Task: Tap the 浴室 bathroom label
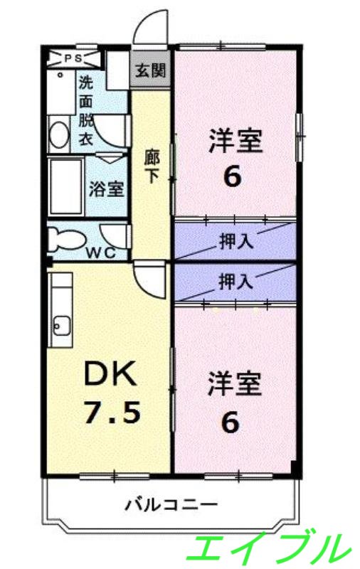pos(107,190)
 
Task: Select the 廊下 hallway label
pos(152,165)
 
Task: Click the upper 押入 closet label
pos(235,240)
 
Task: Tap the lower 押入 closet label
pos(235,281)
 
